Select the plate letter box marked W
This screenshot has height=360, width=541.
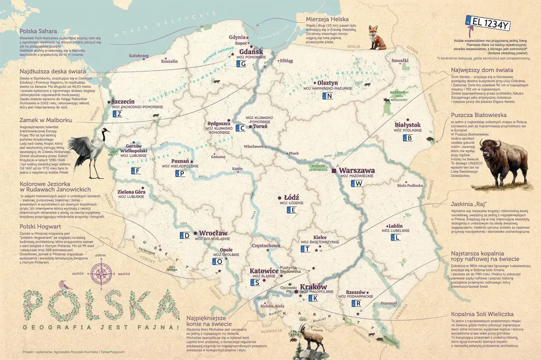(357, 184)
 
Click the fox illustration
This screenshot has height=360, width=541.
(376, 38)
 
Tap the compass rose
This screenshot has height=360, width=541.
(101, 273)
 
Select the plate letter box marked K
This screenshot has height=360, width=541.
(313, 298)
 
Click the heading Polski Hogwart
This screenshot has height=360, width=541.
(40, 226)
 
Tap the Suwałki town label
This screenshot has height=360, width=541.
(400, 61)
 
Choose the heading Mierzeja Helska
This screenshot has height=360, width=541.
(326, 19)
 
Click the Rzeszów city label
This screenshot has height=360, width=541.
(355, 292)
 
